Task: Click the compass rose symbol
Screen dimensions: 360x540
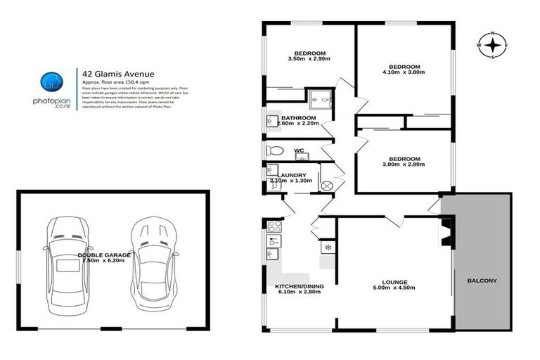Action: (x=494, y=46)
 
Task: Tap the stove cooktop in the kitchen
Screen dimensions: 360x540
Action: (x=275, y=226)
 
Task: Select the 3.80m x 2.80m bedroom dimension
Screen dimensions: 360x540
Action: (x=404, y=165)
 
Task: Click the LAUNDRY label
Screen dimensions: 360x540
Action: (x=291, y=175)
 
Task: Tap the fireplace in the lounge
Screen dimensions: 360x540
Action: (x=445, y=233)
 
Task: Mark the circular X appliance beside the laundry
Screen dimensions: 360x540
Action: (x=326, y=186)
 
